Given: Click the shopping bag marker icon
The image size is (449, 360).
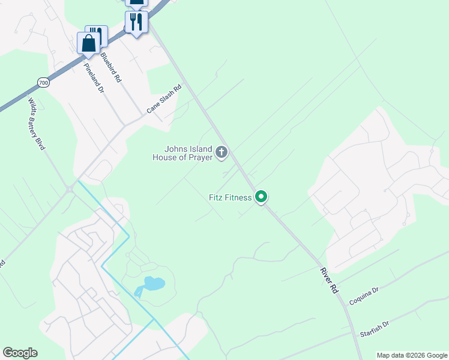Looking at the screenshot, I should [89, 43].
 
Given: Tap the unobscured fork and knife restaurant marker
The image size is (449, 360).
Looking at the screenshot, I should [137, 22].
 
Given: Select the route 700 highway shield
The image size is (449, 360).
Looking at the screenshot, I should [42, 82].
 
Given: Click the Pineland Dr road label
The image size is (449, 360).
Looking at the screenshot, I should [94, 76].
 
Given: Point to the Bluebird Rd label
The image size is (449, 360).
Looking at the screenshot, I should [111, 67].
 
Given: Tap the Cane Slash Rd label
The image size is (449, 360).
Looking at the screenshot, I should [164, 99].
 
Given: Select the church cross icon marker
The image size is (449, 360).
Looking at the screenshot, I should [221, 152].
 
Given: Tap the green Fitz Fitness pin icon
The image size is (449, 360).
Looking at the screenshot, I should [261, 196].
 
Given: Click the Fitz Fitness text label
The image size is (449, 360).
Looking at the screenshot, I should [230, 197].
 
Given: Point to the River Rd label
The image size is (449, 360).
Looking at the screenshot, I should [330, 280].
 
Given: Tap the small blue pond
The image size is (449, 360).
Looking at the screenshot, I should [152, 283].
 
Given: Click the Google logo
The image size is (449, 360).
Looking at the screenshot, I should [20, 353].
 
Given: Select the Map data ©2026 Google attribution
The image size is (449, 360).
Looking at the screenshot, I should [411, 355].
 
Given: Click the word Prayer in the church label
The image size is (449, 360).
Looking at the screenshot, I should [200, 158].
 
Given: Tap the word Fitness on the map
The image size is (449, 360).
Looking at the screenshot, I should [238, 197].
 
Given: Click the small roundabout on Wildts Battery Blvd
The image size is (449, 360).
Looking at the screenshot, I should [70, 190].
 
